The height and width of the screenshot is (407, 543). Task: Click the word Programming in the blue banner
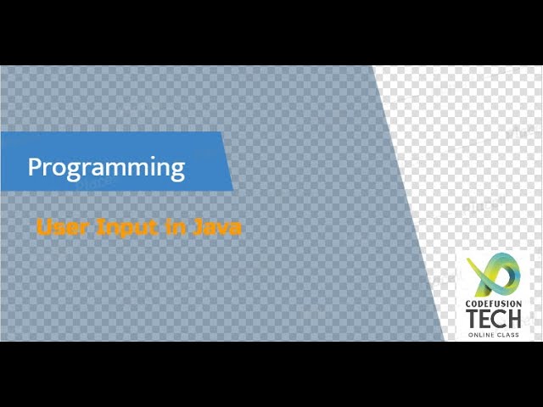point(106,166)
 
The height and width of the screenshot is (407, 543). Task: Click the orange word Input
point(120,227)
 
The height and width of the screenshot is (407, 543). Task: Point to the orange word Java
point(218,226)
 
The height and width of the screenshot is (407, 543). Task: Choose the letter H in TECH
point(517,319)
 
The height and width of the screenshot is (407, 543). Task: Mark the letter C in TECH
point(502,319)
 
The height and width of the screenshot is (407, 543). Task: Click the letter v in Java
point(224,227)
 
